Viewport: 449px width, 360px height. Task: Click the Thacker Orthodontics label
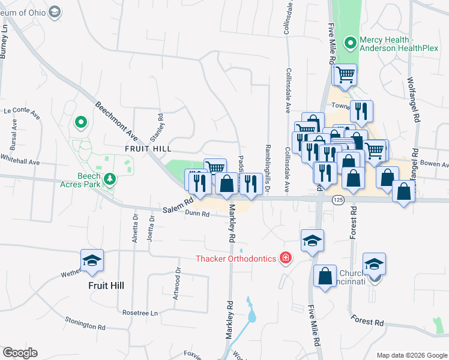click(236, 259)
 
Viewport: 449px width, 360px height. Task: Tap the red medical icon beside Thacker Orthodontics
click(286, 259)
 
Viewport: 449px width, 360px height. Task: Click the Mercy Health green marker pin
click(350, 43)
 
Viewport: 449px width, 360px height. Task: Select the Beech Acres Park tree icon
click(109, 179)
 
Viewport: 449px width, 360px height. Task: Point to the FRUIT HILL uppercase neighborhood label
click(148, 148)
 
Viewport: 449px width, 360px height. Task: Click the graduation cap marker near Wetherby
click(92, 261)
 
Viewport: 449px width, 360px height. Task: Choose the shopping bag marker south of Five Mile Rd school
click(325, 277)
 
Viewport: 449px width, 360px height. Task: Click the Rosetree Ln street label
click(139, 313)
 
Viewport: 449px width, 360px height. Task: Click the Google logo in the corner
click(20, 353)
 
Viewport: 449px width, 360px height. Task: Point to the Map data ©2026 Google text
click(411, 355)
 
